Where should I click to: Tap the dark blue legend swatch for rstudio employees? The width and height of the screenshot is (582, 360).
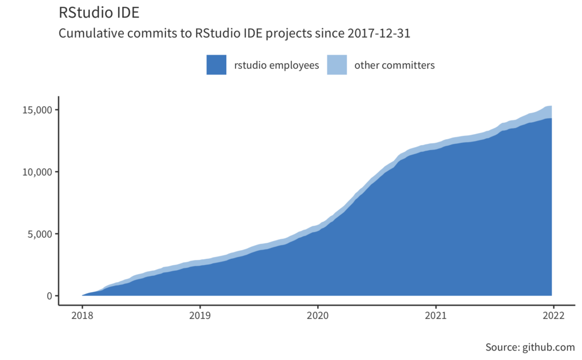pos(217,65)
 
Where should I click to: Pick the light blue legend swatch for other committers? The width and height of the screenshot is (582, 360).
pos(337,65)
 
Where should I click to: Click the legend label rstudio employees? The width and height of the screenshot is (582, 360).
pos(276,65)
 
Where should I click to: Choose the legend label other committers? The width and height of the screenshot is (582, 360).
pos(394,65)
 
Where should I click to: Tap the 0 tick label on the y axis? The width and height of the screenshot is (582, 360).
pos(49,296)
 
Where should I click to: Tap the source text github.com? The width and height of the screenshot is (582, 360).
pos(548,347)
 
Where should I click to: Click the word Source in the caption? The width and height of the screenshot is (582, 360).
pos(502,347)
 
